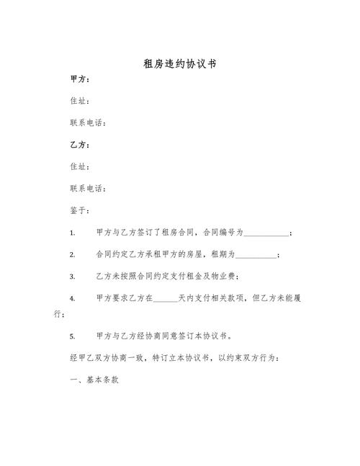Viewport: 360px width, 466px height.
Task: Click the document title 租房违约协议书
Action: (x=180, y=64)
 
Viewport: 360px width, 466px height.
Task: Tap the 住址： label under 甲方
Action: (x=79, y=101)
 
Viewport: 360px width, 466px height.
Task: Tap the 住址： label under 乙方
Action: (x=79, y=167)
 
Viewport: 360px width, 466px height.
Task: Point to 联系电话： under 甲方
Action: (x=88, y=123)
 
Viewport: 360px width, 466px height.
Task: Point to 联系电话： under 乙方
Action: (x=88, y=189)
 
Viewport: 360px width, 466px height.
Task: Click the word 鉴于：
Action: (x=79, y=211)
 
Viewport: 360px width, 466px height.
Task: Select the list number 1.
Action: (x=72, y=233)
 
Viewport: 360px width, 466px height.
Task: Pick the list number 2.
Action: (x=72, y=255)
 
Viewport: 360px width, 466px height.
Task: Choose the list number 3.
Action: (x=72, y=277)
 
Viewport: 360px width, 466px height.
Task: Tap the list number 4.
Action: (x=72, y=298)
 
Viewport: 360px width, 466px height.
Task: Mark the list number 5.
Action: (x=72, y=336)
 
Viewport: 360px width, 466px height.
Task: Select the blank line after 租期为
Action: (x=256, y=255)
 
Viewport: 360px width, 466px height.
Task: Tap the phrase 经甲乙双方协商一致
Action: (x=109, y=358)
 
